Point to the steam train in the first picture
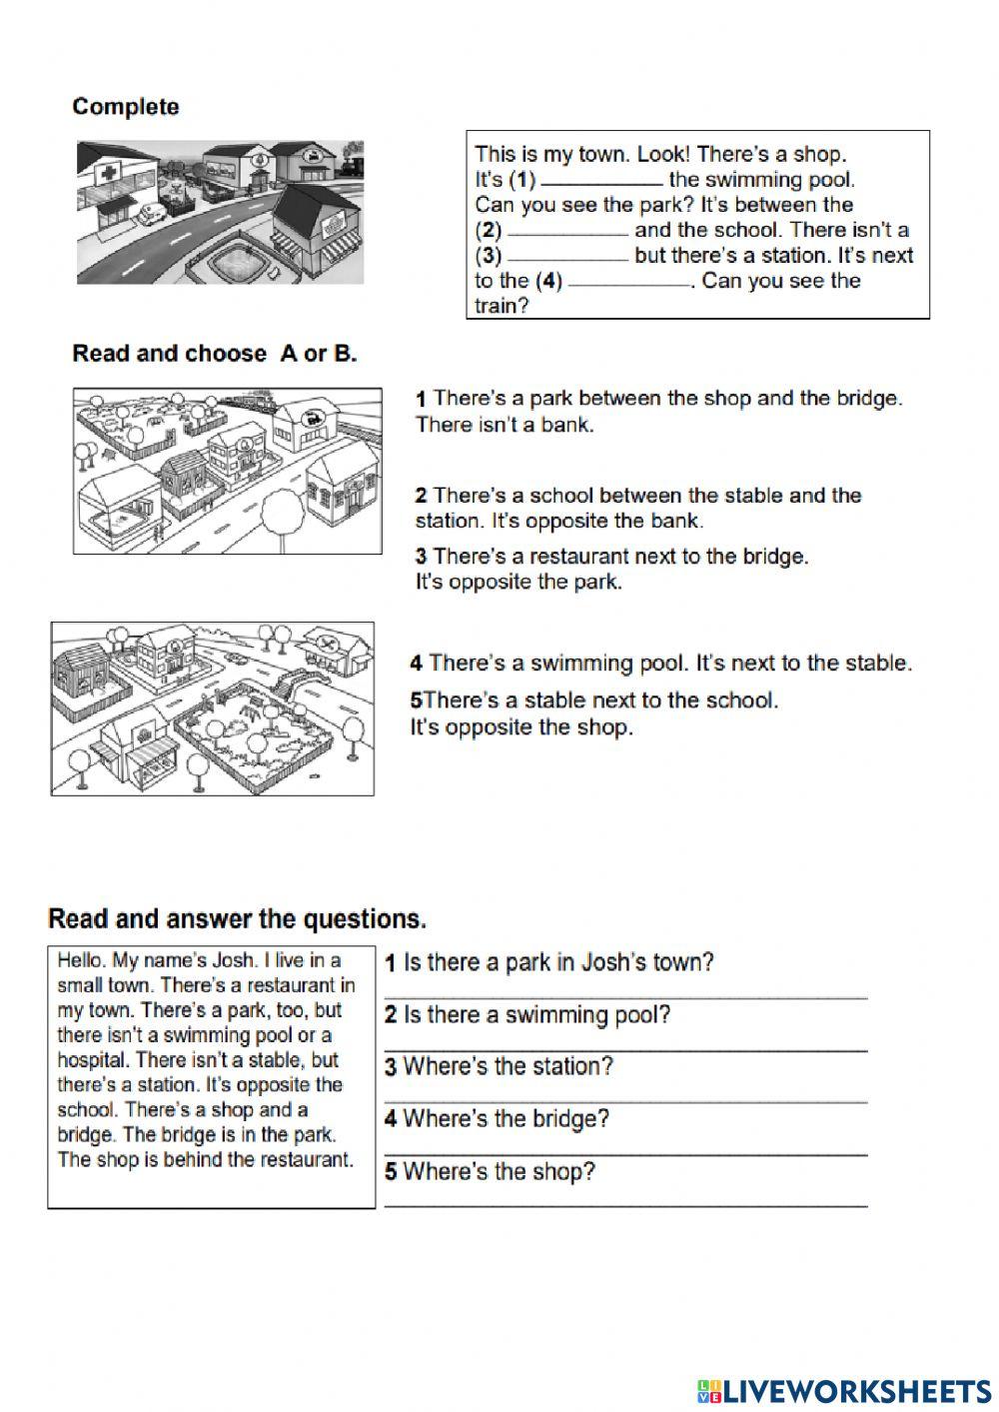pos(351,159)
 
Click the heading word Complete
pos(126,107)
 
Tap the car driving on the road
pos(237,657)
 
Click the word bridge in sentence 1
pos(871,399)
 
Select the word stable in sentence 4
pos(875,663)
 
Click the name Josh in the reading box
pos(235,960)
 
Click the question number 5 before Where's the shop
pos(391,1172)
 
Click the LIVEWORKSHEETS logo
pos(844,1390)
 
